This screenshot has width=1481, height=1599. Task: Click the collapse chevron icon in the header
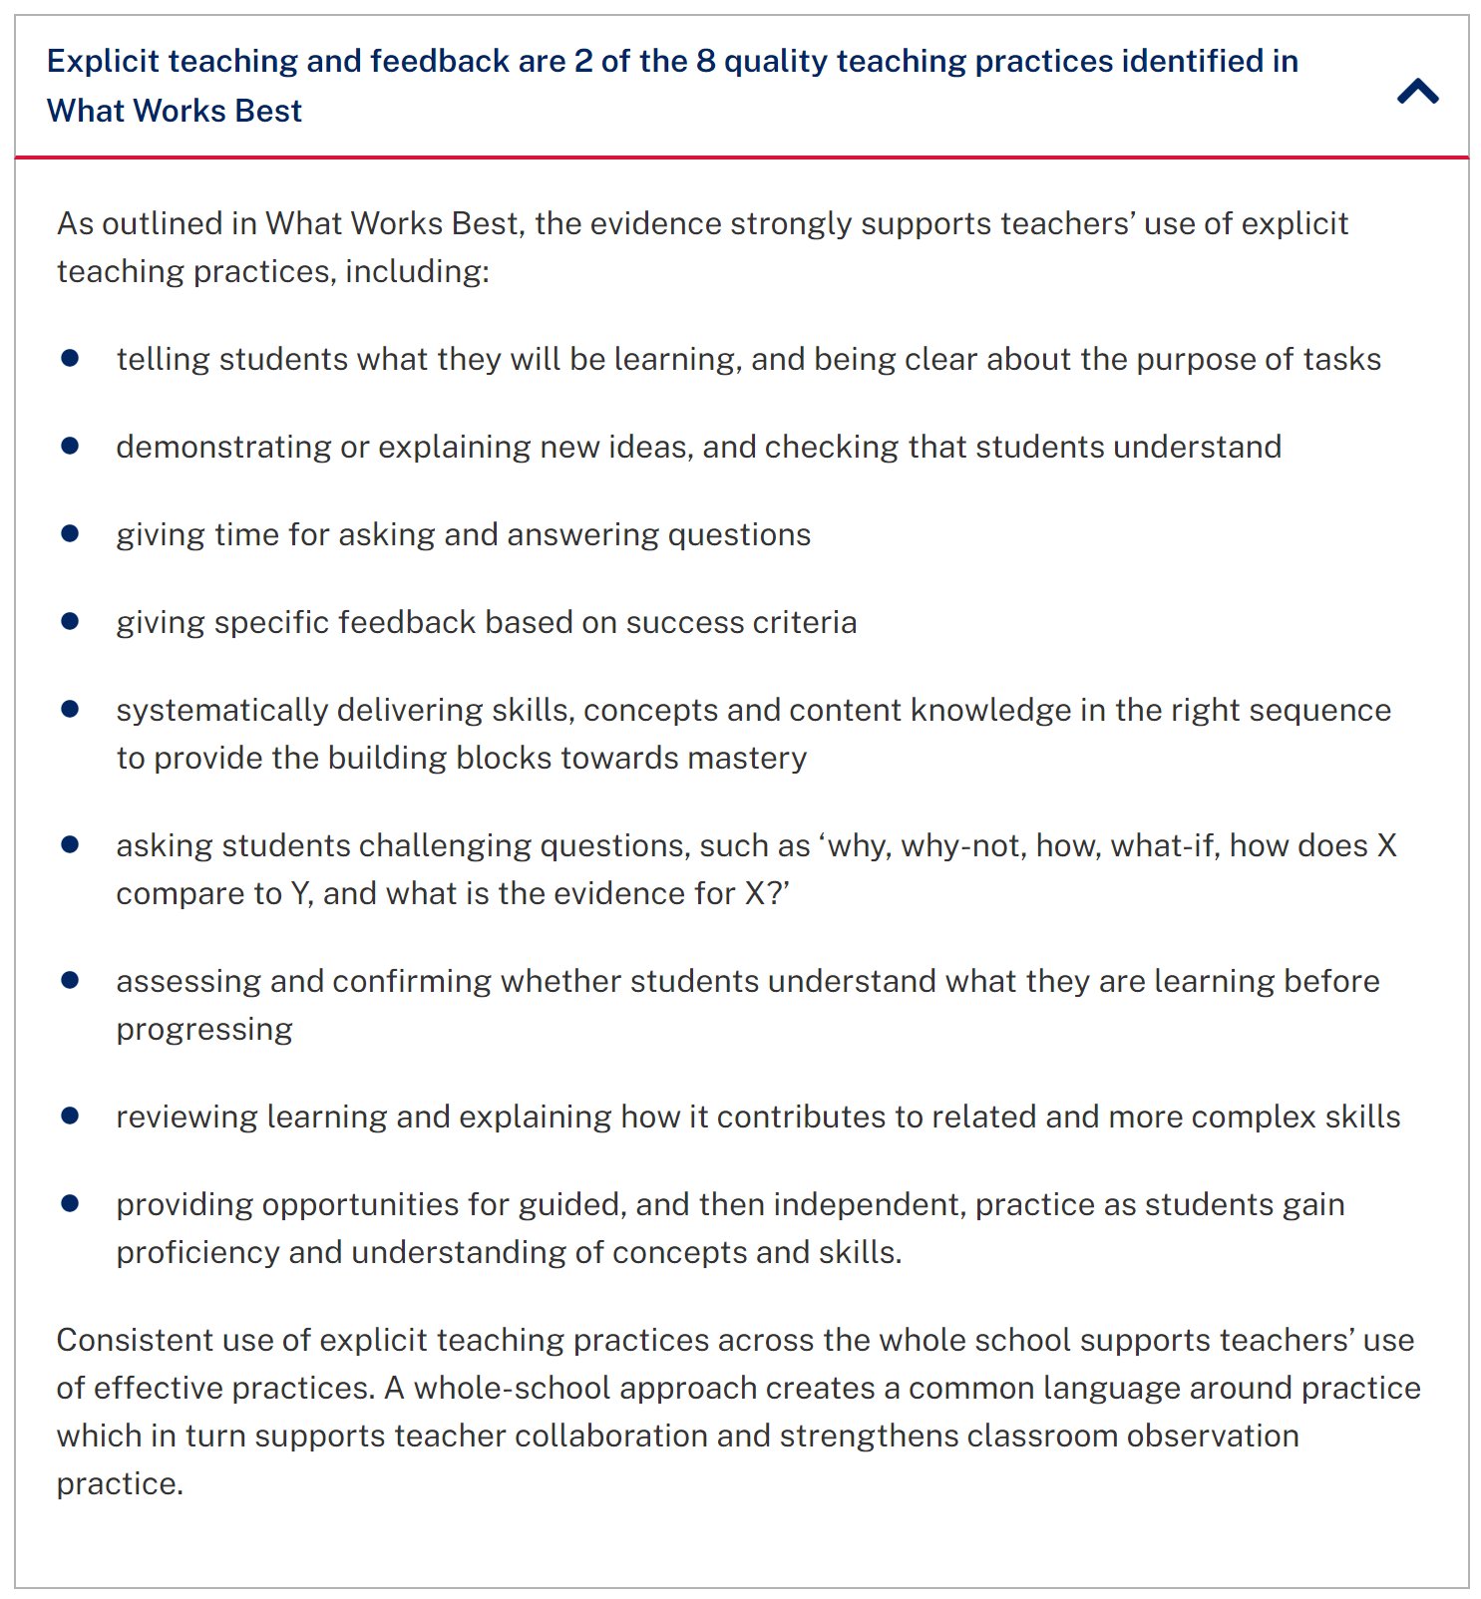[x=1417, y=92]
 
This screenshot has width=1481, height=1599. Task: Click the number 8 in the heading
[x=706, y=61]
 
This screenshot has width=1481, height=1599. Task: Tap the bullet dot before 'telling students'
[x=70, y=358]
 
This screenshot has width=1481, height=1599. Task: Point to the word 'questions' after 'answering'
[x=739, y=534]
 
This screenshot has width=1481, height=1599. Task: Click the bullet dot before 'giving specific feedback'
[x=70, y=621]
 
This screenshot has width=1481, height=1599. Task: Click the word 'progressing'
[x=204, y=1029]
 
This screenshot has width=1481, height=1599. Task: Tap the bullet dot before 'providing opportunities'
[x=70, y=1203]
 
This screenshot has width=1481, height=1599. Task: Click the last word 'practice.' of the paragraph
[x=120, y=1483]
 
